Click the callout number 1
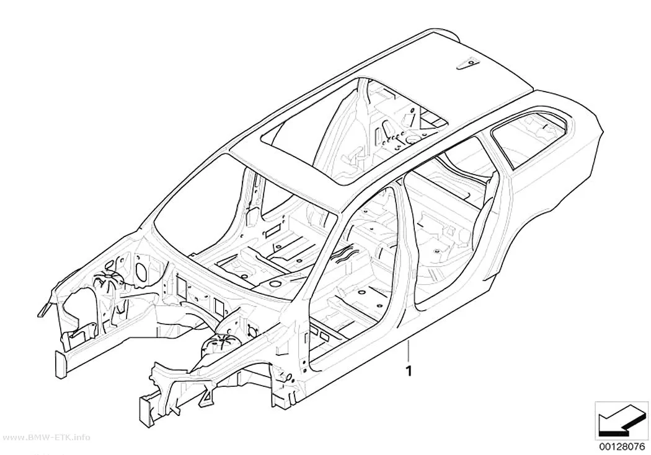tap(409, 371)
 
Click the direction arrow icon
tap(621, 420)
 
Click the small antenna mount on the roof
tap(467, 63)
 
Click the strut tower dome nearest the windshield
tap(109, 282)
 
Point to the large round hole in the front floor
tap(274, 284)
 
